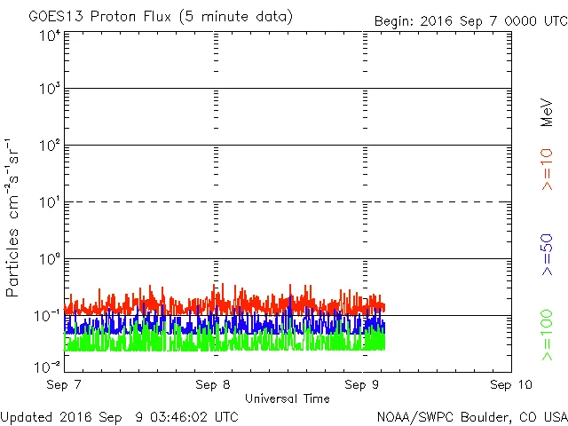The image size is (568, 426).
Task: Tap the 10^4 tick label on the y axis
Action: (49, 35)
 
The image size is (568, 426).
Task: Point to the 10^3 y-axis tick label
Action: (49, 90)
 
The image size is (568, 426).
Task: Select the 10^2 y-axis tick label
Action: (49, 146)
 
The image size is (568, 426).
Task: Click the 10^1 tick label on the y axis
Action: (49, 203)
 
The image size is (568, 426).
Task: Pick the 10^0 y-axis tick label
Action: (49, 260)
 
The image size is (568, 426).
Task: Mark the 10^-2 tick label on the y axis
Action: (47, 366)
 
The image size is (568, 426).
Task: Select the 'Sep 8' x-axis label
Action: (213, 385)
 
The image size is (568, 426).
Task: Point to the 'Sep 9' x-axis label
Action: (363, 385)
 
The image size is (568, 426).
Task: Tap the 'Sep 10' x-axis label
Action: (509, 385)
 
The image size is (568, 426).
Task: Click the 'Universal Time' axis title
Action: (287, 398)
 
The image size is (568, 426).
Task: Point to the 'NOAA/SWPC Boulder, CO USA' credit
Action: (471, 415)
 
